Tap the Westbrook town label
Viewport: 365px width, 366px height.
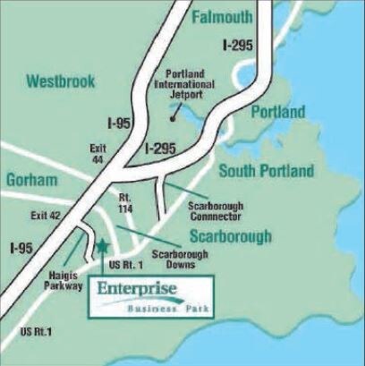[61, 81]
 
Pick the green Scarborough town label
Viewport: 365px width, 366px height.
[229, 237]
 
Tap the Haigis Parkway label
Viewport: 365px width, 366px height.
[64, 281]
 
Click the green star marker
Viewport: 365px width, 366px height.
[103, 246]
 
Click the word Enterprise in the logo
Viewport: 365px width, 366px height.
[139, 289]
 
